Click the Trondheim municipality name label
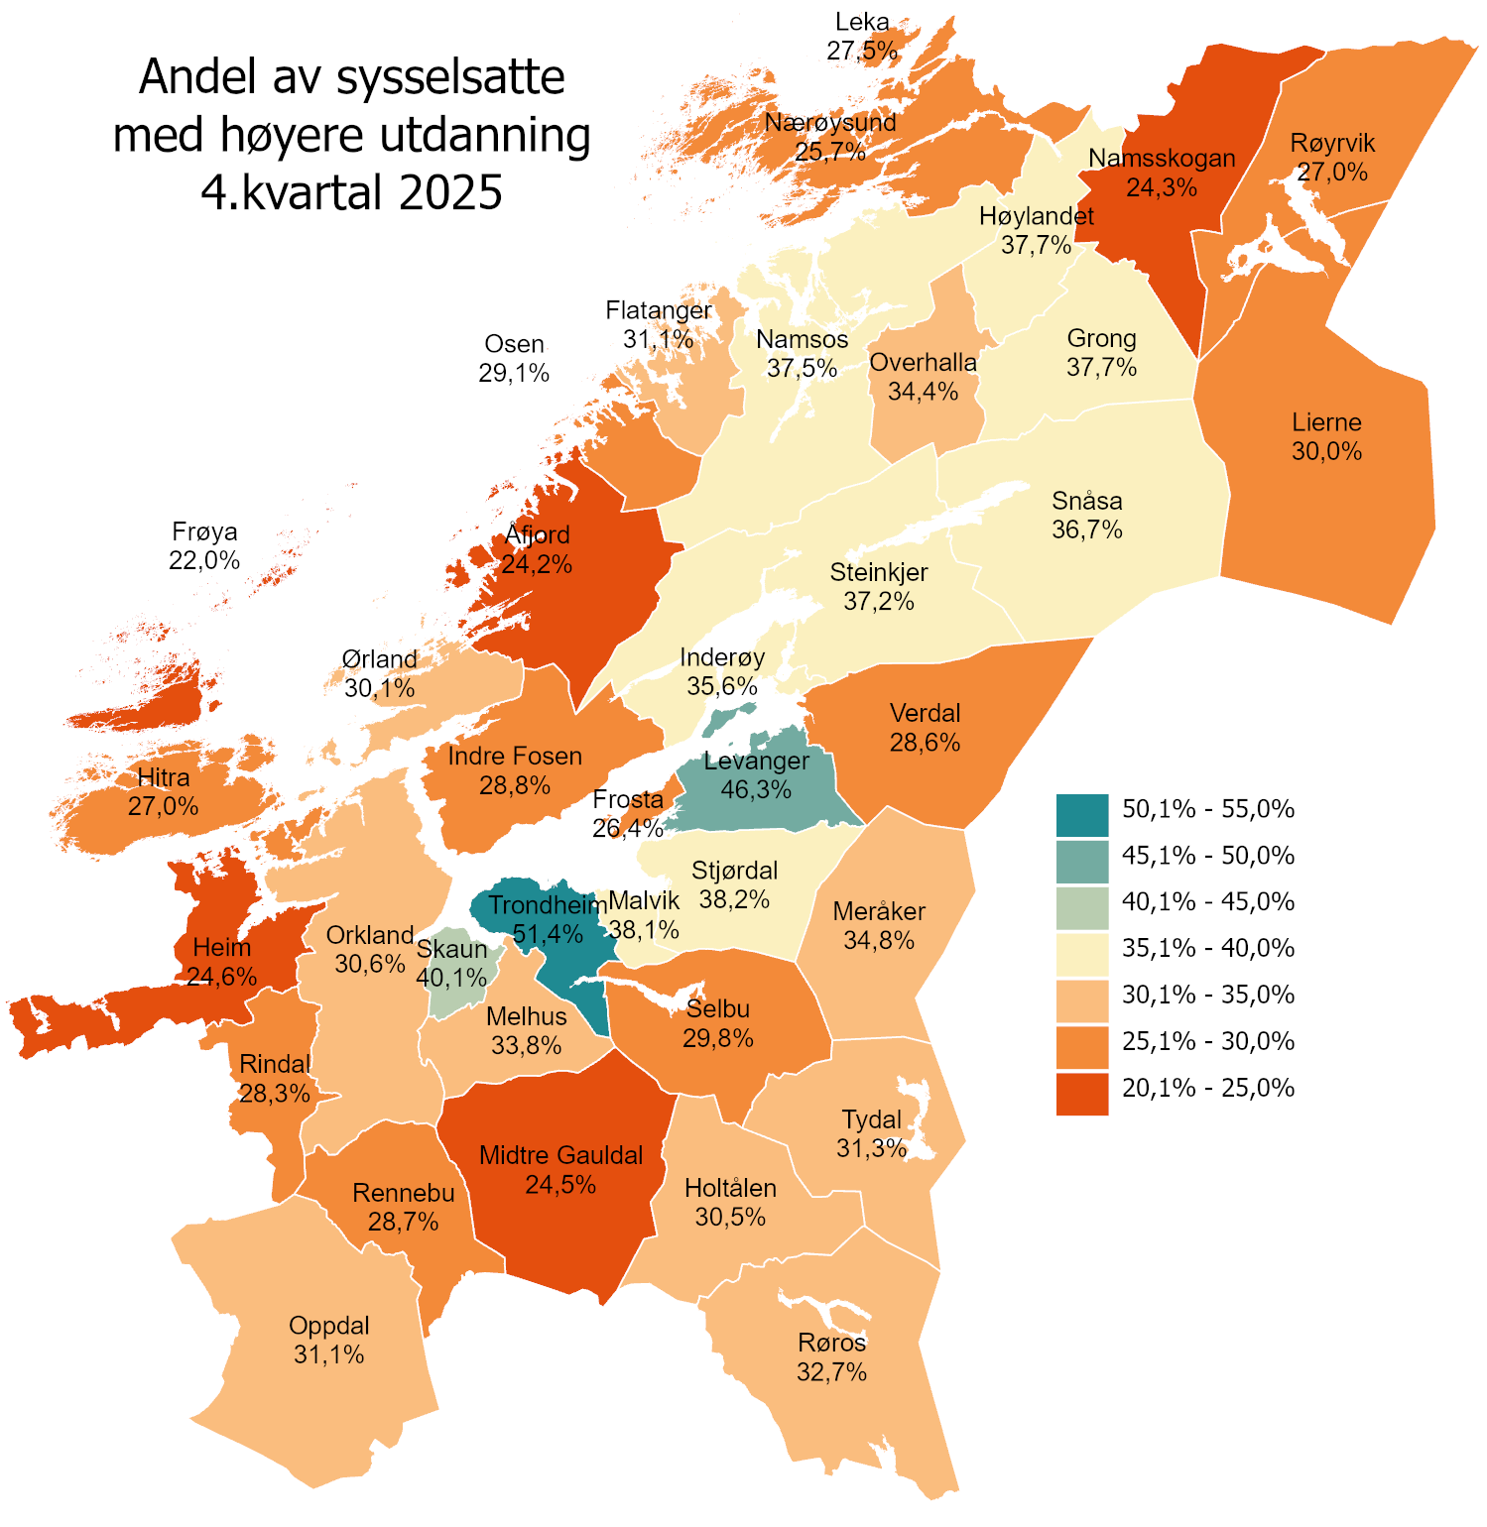pyautogui.click(x=547, y=904)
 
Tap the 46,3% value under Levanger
pyautogui.click(x=756, y=789)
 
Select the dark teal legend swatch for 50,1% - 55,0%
pyautogui.click(x=1081, y=815)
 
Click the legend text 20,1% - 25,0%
pyautogui.click(x=1207, y=1088)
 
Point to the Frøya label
pyautogui.click(x=204, y=531)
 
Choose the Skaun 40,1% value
pyautogui.click(x=451, y=978)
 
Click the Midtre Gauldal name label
pyautogui.click(x=560, y=1155)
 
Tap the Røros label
pyautogui.click(x=831, y=1343)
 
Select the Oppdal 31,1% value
pyautogui.click(x=328, y=1354)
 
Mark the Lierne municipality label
pyautogui.click(x=1326, y=422)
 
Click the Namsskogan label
pyautogui.click(x=1162, y=159)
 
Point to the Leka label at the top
pyautogui.click(x=862, y=22)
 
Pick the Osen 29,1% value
pyautogui.click(x=514, y=373)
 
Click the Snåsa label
pyautogui.click(x=1086, y=501)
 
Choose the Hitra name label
pyautogui.click(x=164, y=776)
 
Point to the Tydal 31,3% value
pyautogui.click(x=871, y=1148)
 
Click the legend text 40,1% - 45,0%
pyautogui.click(x=1207, y=902)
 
